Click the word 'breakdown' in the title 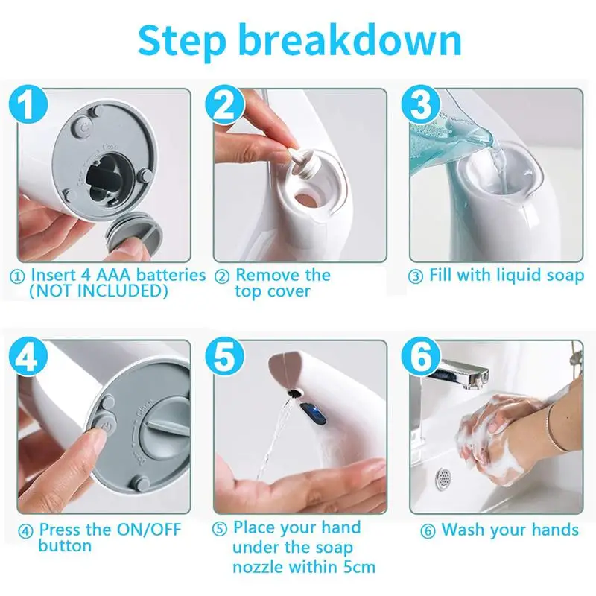351,40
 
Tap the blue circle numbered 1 28,104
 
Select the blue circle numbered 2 224,104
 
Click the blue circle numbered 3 421,104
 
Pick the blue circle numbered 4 28,356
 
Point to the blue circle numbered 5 224,356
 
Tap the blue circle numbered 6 421,356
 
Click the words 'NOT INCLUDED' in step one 99,291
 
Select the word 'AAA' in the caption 114,275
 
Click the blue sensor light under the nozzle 313,413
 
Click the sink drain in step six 443,478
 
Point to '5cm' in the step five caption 359,567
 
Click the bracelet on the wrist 556,429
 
